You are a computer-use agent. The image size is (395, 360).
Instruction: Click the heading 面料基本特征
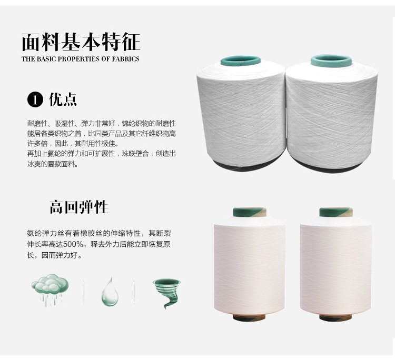tap(81, 42)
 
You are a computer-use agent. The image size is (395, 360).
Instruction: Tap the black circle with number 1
tap(35, 99)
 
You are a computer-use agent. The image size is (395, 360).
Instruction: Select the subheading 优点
tap(63, 99)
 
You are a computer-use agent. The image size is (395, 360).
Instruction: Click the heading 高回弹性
tap(79, 207)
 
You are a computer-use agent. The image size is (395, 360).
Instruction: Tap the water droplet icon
tap(110, 292)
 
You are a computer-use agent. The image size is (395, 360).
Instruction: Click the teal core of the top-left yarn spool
tap(241, 61)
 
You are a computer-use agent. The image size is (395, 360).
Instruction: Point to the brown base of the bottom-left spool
tap(249, 317)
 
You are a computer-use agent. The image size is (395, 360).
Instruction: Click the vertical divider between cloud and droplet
tap(84, 292)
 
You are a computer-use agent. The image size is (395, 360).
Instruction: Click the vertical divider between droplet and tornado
tap(134, 292)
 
